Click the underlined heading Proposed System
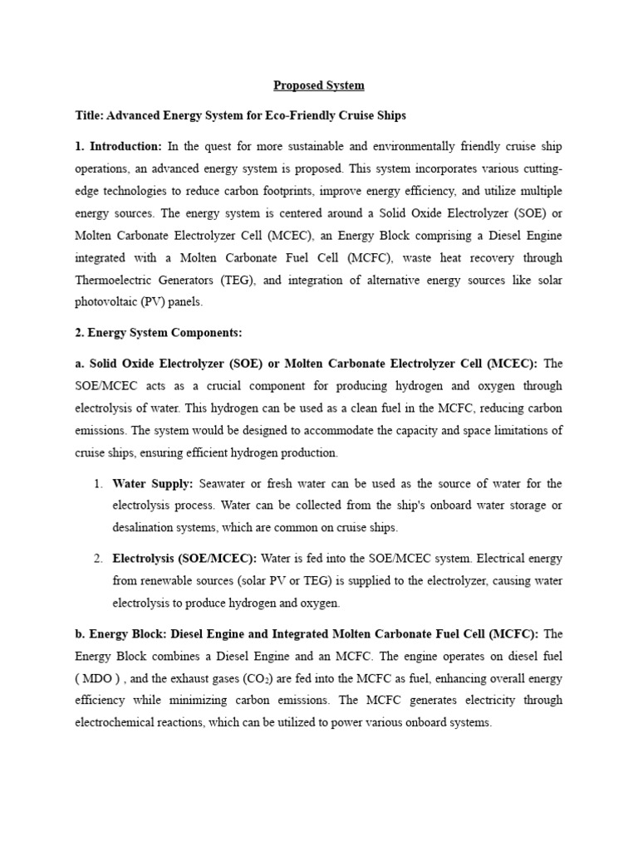(x=319, y=85)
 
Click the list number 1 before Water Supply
(x=96, y=484)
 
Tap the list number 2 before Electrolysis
(x=96, y=559)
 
